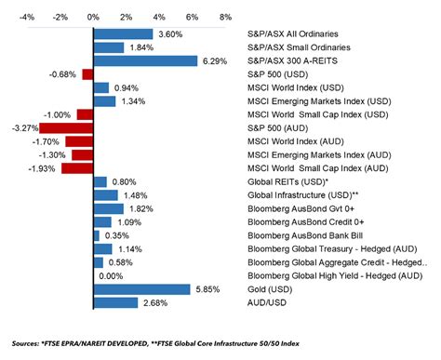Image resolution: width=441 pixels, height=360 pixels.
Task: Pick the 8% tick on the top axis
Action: point(225,17)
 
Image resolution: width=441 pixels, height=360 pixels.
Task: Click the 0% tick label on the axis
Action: point(93,17)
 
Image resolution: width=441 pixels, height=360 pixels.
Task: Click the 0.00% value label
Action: point(111,276)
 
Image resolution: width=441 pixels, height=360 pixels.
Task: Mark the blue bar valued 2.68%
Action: point(115,303)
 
